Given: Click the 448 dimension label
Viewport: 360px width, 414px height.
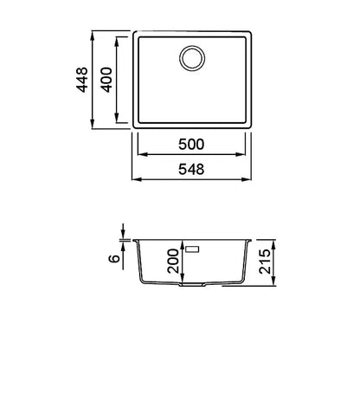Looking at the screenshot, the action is (82, 80).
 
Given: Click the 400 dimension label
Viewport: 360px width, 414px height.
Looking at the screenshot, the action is (106, 80).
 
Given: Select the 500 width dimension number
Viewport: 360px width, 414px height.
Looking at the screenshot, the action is (191, 144).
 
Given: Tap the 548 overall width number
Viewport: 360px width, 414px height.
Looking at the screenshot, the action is (191, 169).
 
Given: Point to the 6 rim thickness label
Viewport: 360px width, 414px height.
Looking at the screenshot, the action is (114, 258).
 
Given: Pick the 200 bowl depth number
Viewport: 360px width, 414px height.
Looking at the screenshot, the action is (173, 261).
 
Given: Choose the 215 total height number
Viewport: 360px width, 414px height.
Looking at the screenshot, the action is (265, 262).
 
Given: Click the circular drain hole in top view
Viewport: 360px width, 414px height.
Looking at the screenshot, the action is (192, 57).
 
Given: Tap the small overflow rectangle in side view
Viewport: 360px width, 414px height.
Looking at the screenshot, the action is (192, 249).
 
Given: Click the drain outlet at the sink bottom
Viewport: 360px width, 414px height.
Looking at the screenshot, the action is (192, 285).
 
